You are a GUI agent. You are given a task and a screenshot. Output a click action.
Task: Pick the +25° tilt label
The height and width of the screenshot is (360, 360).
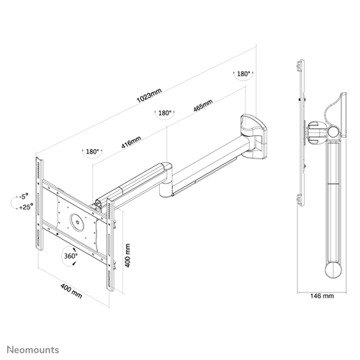coord(26,207)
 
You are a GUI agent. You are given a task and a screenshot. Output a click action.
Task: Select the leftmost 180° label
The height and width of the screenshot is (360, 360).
coord(92,152)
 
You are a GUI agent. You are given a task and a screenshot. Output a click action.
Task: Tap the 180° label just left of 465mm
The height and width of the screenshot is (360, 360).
coord(165,113)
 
